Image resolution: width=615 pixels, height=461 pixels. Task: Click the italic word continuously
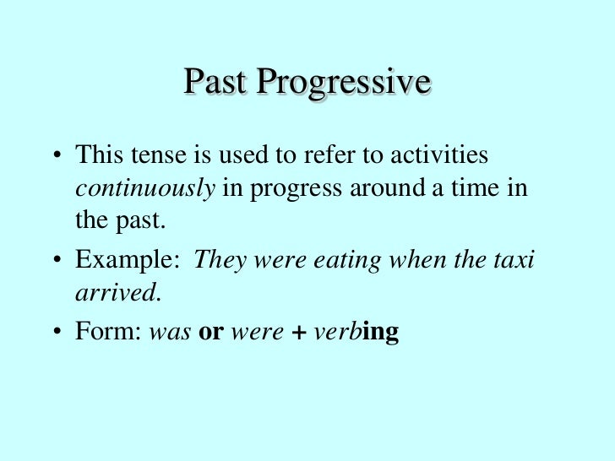pos(145,187)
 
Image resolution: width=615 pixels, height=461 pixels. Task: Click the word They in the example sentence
pos(217,259)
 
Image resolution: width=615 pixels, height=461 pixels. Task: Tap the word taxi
pos(515,259)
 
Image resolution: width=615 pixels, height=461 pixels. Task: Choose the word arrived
pos(117,292)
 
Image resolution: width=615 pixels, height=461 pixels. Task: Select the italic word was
pos(170,332)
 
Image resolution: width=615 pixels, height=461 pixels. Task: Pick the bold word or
pos(210,332)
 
